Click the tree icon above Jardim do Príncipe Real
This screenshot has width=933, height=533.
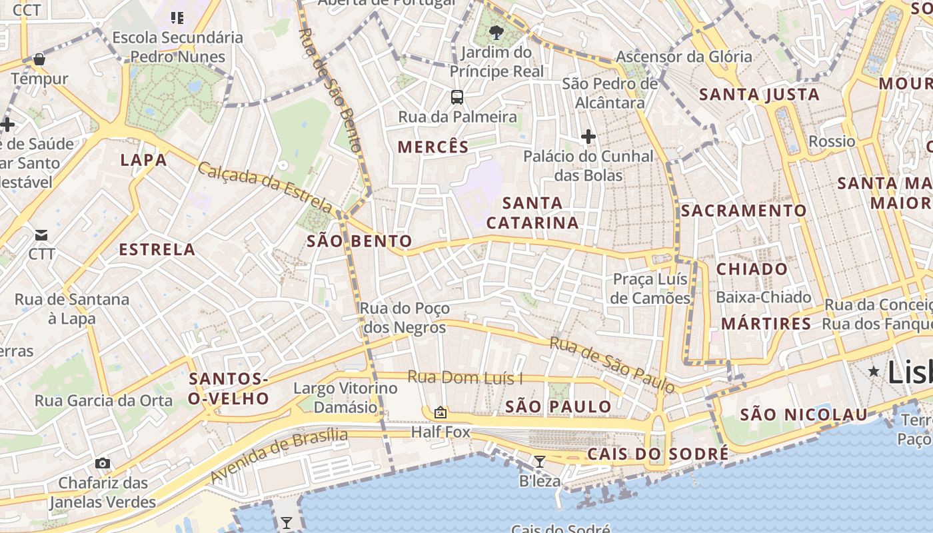[496, 32]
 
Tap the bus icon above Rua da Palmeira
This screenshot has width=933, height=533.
[457, 97]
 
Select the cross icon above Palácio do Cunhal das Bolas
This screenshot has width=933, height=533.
[588, 137]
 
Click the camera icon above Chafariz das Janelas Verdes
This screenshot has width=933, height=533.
[102, 463]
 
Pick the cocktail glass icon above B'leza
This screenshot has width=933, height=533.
[540, 461]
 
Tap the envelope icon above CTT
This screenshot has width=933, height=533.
[41, 235]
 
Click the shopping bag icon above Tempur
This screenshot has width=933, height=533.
[39, 59]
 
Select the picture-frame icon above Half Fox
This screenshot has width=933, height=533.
[440, 412]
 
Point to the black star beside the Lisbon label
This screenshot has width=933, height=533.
[874, 371]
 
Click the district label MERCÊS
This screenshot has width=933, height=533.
[433, 147]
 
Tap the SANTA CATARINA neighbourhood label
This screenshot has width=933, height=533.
[532, 213]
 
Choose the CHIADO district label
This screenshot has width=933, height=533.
[752, 269]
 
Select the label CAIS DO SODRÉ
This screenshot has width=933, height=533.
[658, 454]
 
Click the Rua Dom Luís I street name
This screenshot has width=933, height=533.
[465, 378]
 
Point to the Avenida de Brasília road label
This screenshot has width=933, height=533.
[279, 456]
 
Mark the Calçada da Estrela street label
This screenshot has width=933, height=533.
[264, 187]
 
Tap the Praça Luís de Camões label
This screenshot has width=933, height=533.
[650, 288]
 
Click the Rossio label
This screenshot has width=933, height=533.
[832, 141]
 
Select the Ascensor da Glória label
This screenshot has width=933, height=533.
[684, 57]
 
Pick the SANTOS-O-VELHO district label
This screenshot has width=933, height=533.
[229, 389]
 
